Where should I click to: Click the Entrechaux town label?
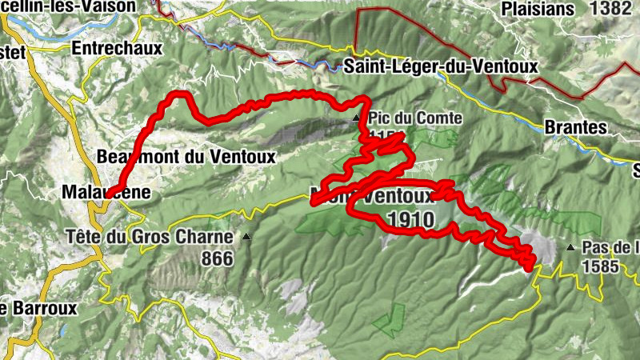(117, 48)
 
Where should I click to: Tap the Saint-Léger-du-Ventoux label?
(441, 67)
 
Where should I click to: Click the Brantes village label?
(575, 126)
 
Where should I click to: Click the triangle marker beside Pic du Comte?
(357, 118)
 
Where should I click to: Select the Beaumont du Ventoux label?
(186, 157)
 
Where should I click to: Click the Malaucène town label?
(105, 193)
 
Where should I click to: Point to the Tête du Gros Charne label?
(150, 237)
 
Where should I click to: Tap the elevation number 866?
(217, 258)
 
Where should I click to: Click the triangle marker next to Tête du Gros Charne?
(246, 237)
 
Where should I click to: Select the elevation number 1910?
(410, 219)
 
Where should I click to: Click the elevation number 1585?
(601, 266)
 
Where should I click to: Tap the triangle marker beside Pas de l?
(570, 248)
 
